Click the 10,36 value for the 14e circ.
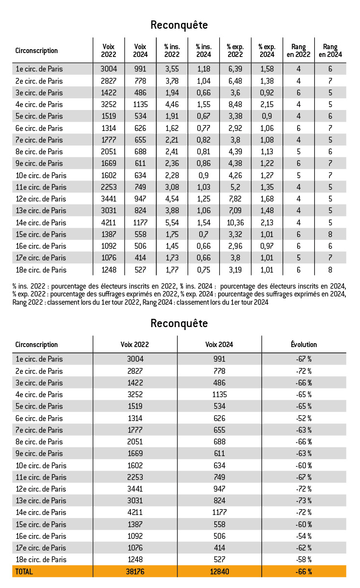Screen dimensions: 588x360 [x=235, y=222]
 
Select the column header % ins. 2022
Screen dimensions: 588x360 [x=172, y=51]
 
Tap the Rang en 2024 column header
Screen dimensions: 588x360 [x=330, y=51]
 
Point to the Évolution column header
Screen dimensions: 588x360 [x=303, y=344]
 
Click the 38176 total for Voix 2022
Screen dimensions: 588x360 [x=135, y=571]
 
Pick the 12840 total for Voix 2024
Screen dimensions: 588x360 [x=219, y=571]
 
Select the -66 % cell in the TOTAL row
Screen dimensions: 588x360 [x=303, y=571]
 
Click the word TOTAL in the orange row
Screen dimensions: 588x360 [x=24, y=571]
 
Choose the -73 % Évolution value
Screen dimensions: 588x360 [x=303, y=500]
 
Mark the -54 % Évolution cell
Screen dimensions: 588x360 [x=303, y=536]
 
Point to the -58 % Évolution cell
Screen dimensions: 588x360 [x=303, y=559]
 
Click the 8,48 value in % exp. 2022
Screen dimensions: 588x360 [x=235, y=104]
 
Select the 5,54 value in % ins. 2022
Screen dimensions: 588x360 [x=172, y=222]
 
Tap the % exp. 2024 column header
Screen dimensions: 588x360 [x=267, y=51]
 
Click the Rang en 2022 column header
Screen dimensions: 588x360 [x=299, y=51]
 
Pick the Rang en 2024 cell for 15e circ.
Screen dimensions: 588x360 [x=330, y=234]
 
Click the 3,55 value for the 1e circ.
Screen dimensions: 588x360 [x=172, y=69]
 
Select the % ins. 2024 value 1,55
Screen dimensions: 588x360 [x=204, y=104]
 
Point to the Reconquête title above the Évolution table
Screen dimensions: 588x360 [x=179, y=323]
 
